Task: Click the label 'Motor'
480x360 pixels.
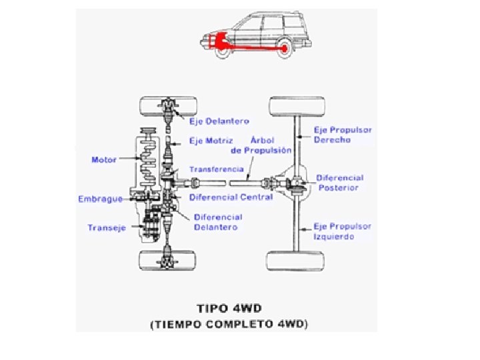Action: click(103, 160)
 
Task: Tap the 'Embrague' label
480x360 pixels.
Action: click(99, 199)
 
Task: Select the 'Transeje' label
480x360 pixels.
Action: click(107, 227)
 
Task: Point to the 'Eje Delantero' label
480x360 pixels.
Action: click(219, 121)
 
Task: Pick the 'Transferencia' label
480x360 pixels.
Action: click(217, 169)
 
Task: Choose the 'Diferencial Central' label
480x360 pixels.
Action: click(231, 197)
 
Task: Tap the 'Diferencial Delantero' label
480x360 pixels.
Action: click(217, 222)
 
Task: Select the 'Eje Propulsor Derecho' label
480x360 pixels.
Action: click(343, 135)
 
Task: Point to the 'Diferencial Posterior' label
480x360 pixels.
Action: click(339, 183)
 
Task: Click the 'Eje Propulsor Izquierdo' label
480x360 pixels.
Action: click(343, 231)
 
